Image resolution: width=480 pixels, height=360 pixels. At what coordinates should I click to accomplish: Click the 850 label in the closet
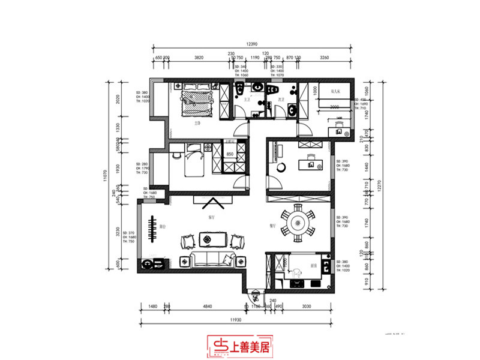(x=229, y=154)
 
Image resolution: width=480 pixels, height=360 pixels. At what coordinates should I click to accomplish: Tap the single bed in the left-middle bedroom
(x=193, y=160)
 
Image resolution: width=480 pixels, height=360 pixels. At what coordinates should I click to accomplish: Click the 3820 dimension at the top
(x=199, y=58)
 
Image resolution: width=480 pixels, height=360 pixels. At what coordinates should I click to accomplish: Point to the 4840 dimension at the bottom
(x=208, y=307)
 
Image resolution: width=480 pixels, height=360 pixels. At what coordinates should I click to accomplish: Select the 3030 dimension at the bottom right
(x=306, y=307)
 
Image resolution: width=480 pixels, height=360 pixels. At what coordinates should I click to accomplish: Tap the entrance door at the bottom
(x=255, y=295)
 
